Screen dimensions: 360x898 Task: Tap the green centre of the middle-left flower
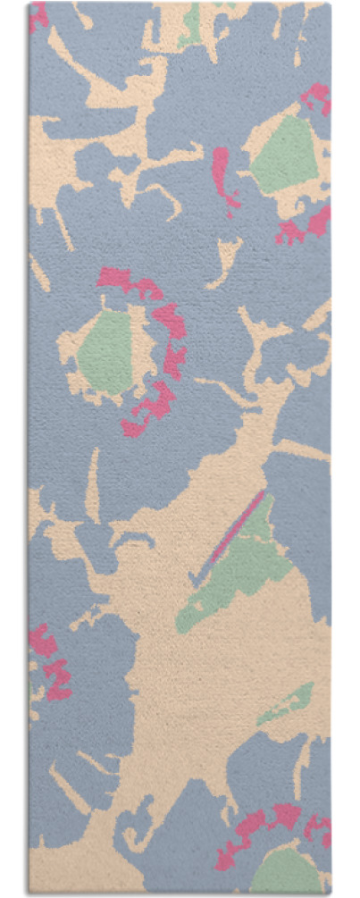click(x=105, y=353)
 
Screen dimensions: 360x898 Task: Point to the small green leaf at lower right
click(x=289, y=703)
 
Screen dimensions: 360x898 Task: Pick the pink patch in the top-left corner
click(x=38, y=16)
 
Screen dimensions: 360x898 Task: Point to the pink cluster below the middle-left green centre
click(x=152, y=407)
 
